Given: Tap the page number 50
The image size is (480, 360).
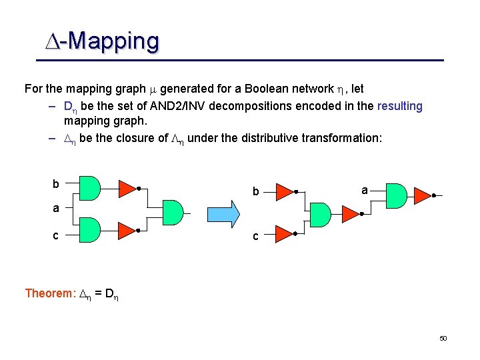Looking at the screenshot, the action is pos(443,339).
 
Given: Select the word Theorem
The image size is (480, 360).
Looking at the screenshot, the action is pos(49,293).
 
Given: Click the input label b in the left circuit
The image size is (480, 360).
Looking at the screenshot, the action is pos(56,184).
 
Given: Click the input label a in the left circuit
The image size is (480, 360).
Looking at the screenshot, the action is pos(57,209).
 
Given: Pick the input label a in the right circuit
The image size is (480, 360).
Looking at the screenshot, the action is pos(365,190).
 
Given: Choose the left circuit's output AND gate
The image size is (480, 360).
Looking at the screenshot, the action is pos(172,212).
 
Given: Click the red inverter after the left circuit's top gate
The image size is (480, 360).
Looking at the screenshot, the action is pos(127,188).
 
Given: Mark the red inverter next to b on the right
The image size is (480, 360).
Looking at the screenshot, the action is pos(284,192).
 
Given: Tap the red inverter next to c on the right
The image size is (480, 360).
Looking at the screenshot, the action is pos(284,233).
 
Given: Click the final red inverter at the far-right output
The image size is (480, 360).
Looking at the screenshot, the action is pos(422,194).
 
